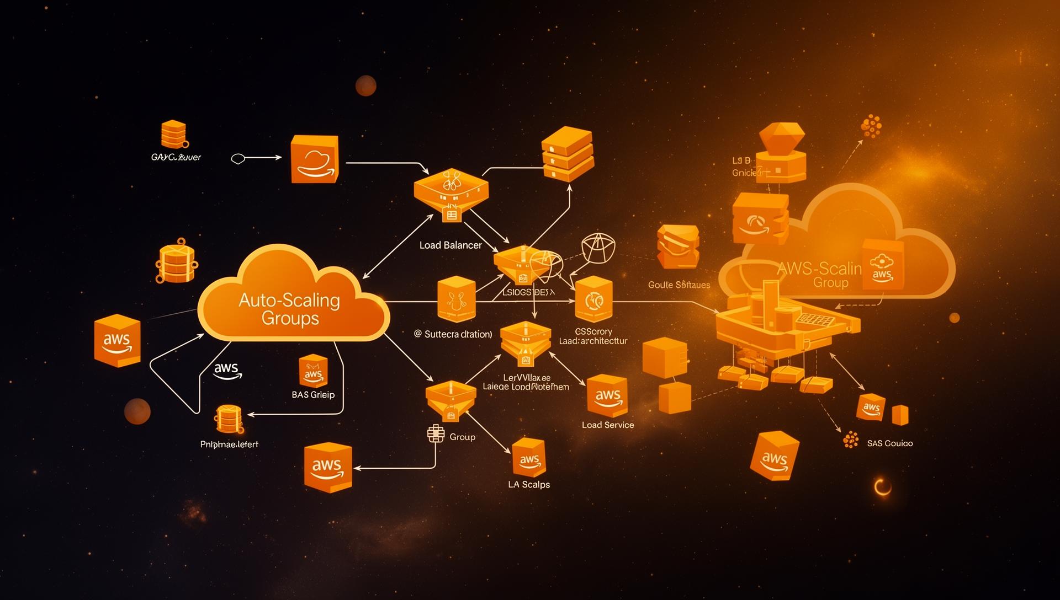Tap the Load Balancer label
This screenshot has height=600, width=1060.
point(451,245)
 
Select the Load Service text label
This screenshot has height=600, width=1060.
point(608,425)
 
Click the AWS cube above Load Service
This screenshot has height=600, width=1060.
point(607,396)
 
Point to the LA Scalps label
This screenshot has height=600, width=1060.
point(529,485)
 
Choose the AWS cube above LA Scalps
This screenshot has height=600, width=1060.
point(529,458)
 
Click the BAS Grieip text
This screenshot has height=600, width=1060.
point(313,395)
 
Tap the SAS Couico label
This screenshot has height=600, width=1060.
point(889,443)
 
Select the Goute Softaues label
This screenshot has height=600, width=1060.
point(679,285)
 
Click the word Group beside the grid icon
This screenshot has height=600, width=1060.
point(462,437)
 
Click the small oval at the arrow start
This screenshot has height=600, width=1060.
point(237,159)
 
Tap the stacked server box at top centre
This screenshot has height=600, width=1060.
point(568,154)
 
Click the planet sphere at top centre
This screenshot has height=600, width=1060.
point(365,86)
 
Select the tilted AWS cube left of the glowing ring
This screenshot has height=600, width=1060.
point(775,456)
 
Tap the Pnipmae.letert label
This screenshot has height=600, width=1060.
point(229,444)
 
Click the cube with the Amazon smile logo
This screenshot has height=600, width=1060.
point(314,159)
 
